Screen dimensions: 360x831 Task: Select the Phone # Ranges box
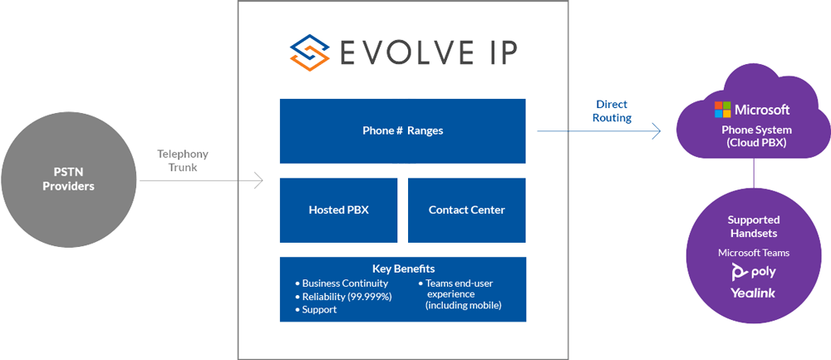point(402,131)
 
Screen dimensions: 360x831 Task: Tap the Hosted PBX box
point(338,210)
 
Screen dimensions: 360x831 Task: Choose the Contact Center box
point(466,210)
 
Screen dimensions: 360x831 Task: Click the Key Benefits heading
point(403,269)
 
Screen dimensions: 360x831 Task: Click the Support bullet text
point(319,309)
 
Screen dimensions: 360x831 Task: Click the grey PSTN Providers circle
point(68,180)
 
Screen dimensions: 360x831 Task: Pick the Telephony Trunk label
point(183,160)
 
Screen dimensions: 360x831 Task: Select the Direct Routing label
point(612,111)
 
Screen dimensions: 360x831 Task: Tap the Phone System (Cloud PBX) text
point(754,136)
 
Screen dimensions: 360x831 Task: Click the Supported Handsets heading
point(754,226)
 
